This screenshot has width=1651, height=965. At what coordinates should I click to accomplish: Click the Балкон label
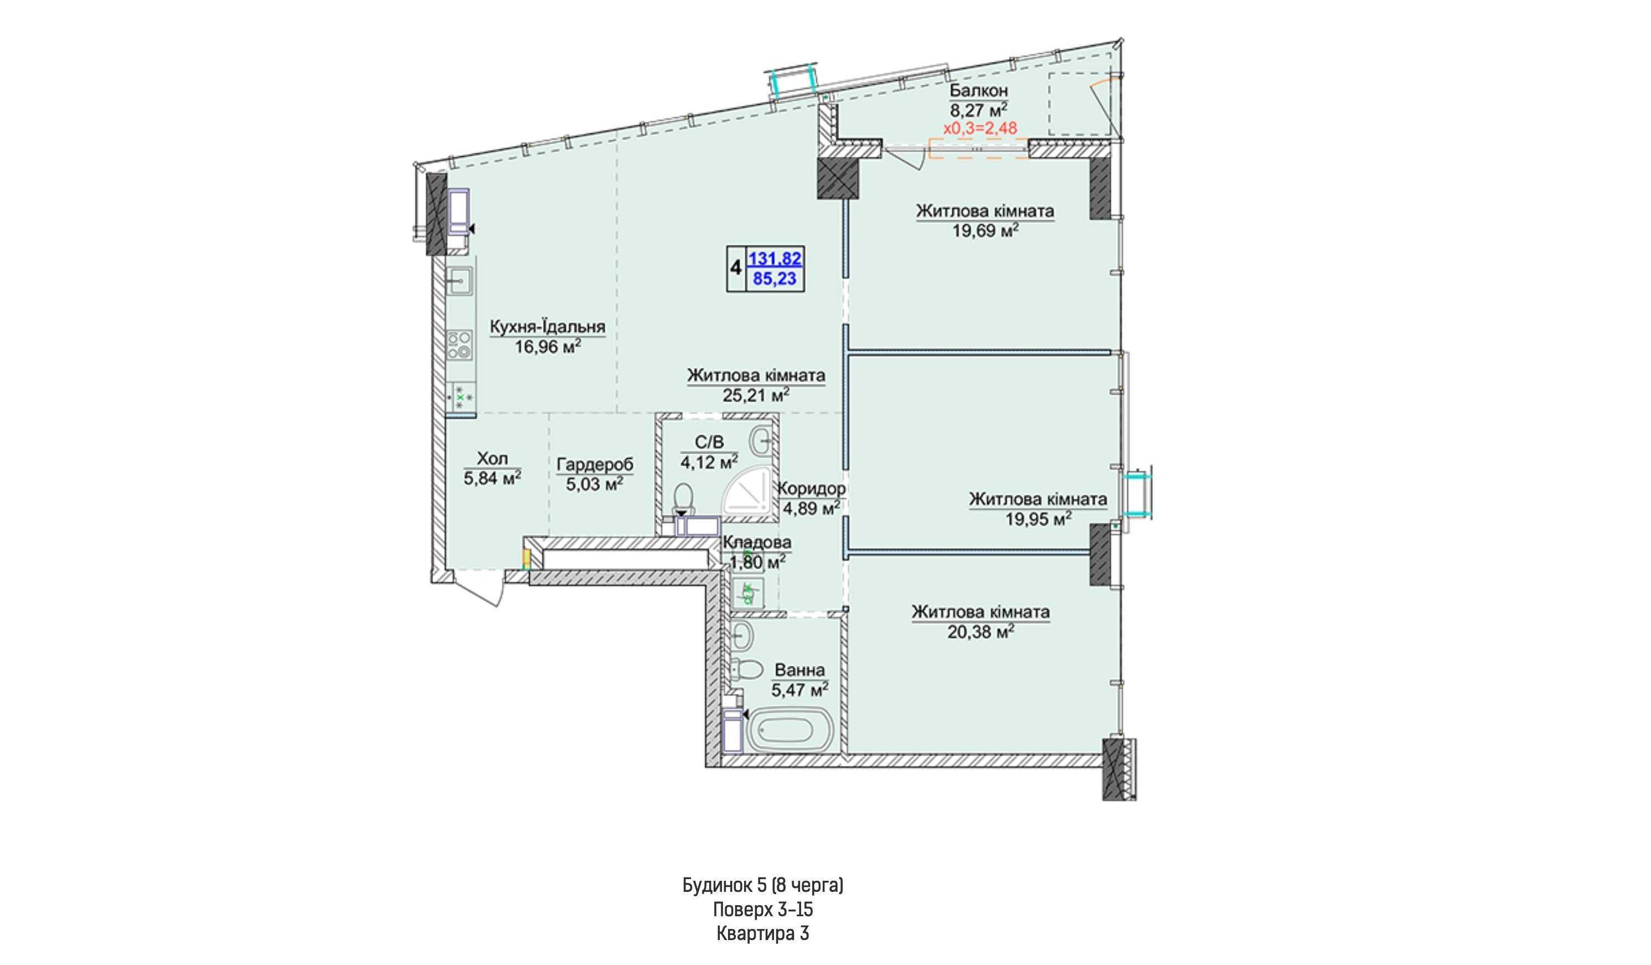[x=979, y=90]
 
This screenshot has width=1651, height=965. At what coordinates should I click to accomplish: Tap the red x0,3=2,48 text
[x=980, y=128]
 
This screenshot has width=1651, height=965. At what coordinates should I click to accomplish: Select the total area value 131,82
[x=775, y=258]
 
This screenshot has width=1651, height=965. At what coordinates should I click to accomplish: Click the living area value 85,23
[x=775, y=279]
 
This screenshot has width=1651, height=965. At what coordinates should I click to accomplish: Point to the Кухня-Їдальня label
[x=548, y=326]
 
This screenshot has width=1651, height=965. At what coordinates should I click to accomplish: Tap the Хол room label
[x=493, y=459]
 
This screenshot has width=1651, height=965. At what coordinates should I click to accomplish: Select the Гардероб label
[x=595, y=465]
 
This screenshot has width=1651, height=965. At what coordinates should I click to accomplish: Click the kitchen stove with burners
[x=461, y=344]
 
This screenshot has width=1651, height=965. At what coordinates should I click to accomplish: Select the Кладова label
[x=757, y=542]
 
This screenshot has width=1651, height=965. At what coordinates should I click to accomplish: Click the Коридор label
[x=811, y=489]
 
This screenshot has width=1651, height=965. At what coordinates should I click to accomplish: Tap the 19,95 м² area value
[x=1039, y=519]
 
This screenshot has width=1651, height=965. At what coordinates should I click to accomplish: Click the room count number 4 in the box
[x=736, y=268]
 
